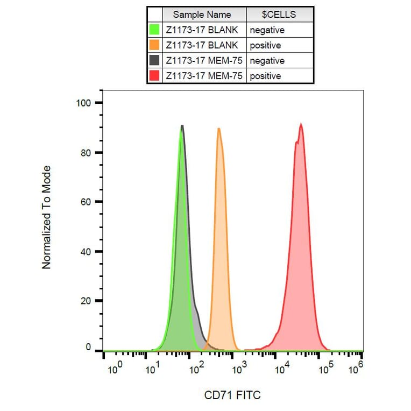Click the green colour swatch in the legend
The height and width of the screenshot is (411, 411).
[154, 30]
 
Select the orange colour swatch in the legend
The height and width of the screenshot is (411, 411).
[154, 45]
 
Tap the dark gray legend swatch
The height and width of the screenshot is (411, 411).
[154, 61]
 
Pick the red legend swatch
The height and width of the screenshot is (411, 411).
[154, 76]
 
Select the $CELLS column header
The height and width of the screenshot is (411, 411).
[279, 15]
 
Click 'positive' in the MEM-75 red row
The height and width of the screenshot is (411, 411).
[265, 76]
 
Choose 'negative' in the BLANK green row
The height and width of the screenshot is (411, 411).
[267, 30]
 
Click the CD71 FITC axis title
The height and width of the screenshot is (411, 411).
[232, 395]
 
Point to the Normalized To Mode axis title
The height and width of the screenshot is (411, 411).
[47, 217]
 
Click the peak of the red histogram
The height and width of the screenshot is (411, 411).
[301, 124]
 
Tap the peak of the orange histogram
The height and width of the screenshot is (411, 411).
[219, 129]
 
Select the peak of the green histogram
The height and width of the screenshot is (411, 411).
[181, 127]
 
